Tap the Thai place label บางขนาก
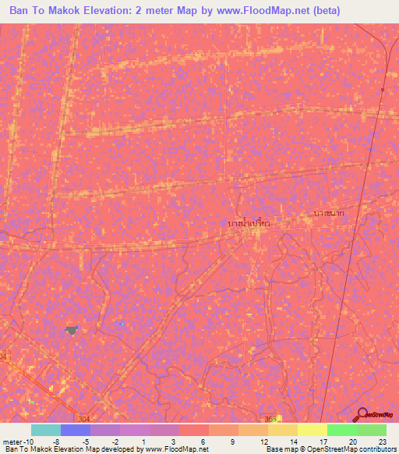[x=328, y=212]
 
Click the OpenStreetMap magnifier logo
[x=362, y=414]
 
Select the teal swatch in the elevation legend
[x=46, y=430]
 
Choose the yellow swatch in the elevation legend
[x=312, y=430]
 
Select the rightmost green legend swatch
[x=372, y=430]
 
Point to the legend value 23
[x=382, y=440]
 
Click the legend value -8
[x=57, y=440]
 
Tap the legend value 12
[x=264, y=440]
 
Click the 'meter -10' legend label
[x=16, y=440]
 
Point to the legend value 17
[x=323, y=440]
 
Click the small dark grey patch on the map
[x=72, y=331]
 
